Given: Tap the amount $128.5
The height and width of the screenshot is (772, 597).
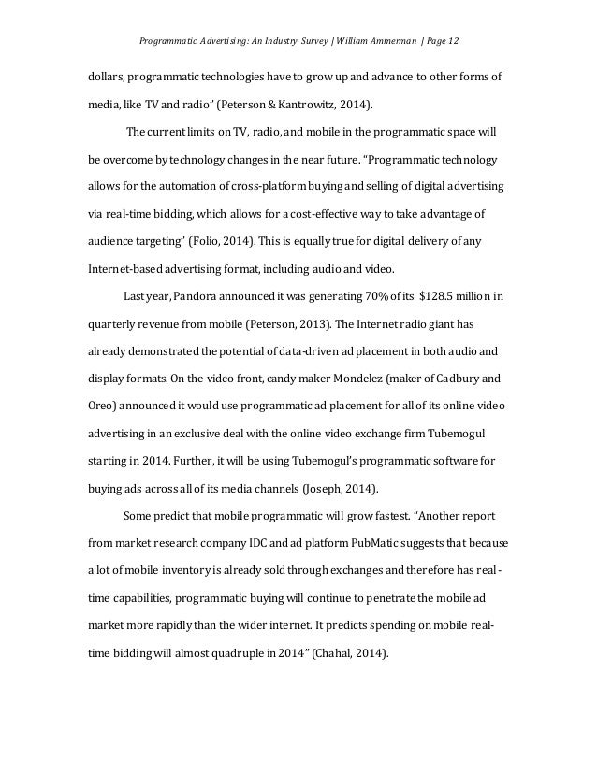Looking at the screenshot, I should tap(438, 298).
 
